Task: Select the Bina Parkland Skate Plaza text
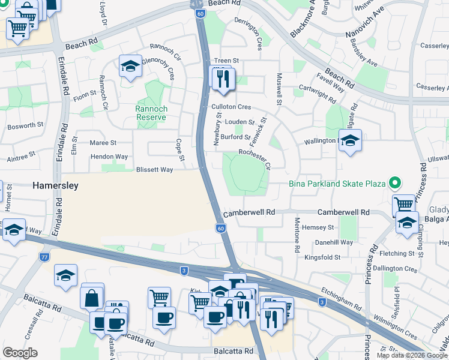(x=336, y=183)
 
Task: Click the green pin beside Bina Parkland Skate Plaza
(x=394, y=182)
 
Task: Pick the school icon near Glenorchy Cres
(x=130, y=67)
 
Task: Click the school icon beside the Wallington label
(x=350, y=141)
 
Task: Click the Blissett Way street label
(x=154, y=170)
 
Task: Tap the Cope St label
(x=179, y=150)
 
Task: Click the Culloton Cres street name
(x=231, y=106)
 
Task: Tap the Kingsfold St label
(x=322, y=257)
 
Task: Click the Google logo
(x=20, y=353)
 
